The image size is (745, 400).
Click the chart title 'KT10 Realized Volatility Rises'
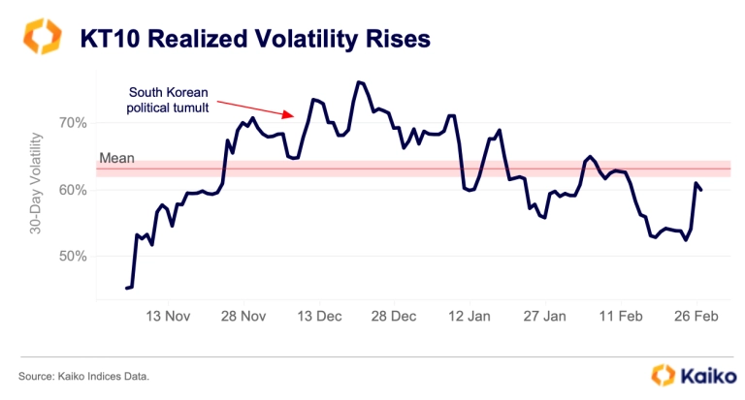click(255, 39)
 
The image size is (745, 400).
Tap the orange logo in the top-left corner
click(42, 37)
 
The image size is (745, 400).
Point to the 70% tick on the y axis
click(73, 123)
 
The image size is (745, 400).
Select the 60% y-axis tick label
click(73, 190)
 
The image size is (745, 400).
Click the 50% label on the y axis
click(73, 257)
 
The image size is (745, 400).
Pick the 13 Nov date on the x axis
click(168, 316)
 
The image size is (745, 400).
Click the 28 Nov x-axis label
click(243, 316)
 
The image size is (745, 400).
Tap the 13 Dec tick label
click(319, 316)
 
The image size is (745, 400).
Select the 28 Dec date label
click(395, 316)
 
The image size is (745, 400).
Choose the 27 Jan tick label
click(545, 316)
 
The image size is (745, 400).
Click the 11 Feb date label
click(621, 316)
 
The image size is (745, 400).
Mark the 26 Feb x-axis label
click(696, 316)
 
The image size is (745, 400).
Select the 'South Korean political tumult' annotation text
click(168, 99)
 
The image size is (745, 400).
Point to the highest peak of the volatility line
click(359, 82)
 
